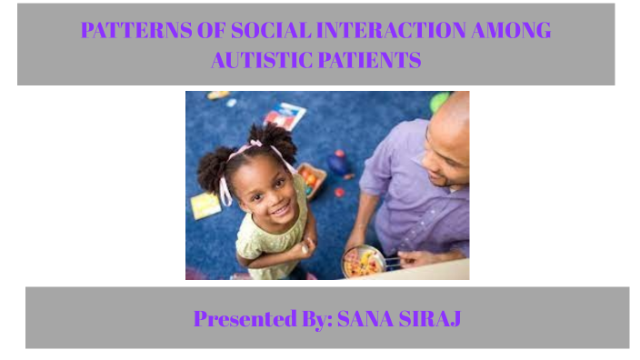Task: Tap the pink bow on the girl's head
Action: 256,144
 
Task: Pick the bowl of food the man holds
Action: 364,262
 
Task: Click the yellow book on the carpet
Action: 205,205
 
